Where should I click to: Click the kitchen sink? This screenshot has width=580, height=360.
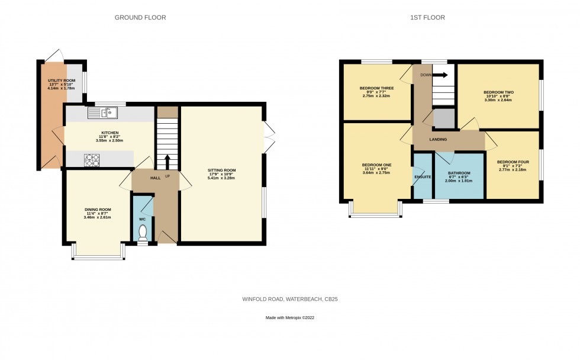click(x=102, y=112)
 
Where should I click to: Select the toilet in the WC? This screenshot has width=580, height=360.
click(x=143, y=233)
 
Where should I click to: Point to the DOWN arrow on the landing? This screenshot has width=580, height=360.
click(x=440, y=75)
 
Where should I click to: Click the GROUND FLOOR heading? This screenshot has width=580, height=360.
click(x=140, y=17)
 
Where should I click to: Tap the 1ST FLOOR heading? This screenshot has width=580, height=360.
click(x=427, y=17)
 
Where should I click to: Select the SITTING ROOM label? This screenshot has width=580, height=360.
click(x=221, y=171)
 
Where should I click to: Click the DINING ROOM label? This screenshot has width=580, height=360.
click(x=98, y=210)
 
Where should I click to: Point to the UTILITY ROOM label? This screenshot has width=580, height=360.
click(x=62, y=81)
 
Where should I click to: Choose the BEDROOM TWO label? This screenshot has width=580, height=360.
click(x=498, y=92)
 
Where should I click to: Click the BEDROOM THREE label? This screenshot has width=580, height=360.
click(x=376, y=88)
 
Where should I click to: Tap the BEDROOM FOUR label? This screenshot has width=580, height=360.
click(x=513, y=162)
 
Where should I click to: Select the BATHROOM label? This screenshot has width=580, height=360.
click(x=459, y=173)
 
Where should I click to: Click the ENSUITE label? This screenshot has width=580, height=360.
click(x=423, y=177)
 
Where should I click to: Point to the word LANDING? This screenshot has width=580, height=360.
click(x=438, y=140)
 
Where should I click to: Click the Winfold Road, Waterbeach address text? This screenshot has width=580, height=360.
click(x=290, y=299)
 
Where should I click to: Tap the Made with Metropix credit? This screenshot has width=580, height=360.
click(x=290, y=317)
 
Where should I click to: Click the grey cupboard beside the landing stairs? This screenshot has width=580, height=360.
click(x=443, y=118)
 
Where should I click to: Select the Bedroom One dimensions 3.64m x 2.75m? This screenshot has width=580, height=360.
click(x=376, y=172)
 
